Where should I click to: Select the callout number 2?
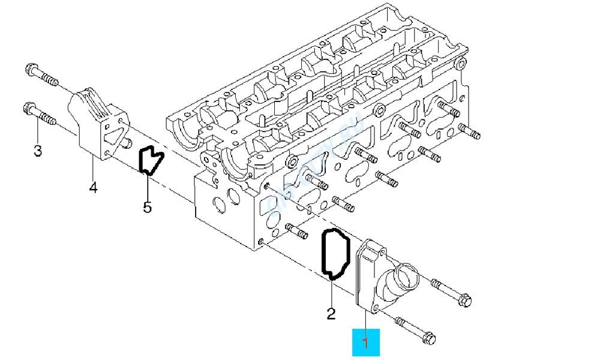[331, 313]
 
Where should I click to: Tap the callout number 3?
[38, 151]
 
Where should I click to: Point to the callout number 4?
[92, 188]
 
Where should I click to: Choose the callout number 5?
[147, 208]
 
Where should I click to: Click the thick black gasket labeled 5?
[151, 160]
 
